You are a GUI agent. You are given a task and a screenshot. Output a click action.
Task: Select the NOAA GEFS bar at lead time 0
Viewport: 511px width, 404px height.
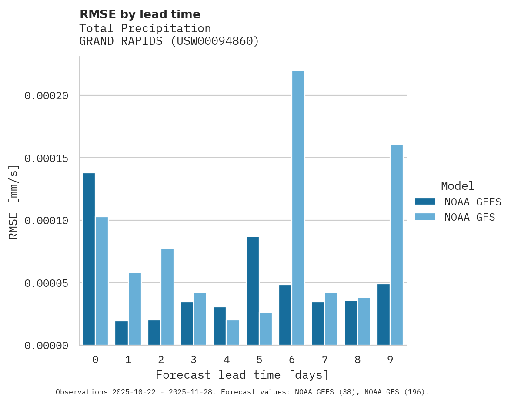coord(88,259)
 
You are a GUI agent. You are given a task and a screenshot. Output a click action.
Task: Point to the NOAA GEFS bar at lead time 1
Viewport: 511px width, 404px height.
coord(121,333)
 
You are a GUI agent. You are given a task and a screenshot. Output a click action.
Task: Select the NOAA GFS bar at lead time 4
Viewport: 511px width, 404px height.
coord(233,333)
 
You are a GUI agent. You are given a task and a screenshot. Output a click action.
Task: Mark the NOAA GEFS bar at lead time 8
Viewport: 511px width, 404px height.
coord(351,323)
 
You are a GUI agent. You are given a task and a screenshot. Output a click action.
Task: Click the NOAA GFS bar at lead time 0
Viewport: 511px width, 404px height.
coord(102,281)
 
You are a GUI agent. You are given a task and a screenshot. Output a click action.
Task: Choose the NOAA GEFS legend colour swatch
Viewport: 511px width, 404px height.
coord(425,201)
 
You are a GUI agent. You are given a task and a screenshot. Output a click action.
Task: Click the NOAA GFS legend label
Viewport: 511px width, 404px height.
coord(470,217)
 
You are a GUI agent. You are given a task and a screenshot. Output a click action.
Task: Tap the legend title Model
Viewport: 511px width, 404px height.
coord(458,186)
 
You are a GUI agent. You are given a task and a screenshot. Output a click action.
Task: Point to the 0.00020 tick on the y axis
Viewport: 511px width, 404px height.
coord(46,96)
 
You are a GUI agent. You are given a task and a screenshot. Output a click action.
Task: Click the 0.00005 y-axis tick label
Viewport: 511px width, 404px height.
coord(46,283)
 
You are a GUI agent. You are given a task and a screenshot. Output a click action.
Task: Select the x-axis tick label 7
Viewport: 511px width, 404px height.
coord(325,360)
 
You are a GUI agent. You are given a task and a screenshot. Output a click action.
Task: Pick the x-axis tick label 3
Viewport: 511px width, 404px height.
coord(194,360)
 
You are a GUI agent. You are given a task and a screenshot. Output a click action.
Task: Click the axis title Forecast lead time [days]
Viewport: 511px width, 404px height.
coord(242,375)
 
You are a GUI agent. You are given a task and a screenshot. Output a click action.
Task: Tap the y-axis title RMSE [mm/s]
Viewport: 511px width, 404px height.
coord(14,202)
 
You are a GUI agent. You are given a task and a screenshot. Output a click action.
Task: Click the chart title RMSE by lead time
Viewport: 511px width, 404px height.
coord(140,14)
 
